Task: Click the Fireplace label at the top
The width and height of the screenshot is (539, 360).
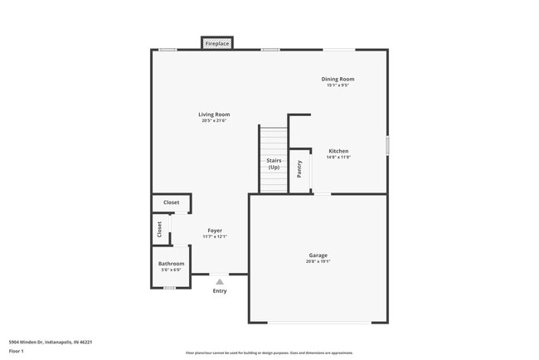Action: [217, 43]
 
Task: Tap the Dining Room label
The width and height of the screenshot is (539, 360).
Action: [337, 79]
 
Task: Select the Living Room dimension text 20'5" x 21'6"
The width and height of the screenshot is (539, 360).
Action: [214, 121]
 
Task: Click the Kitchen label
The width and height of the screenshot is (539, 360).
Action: [338, 151]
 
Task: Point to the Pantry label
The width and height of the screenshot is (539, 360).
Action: [299, 169]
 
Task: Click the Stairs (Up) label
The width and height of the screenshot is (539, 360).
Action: [273, 163]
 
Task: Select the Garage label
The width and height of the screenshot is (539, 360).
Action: [318, 255]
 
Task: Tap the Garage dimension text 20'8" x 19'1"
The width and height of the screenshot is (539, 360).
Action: [318, 261]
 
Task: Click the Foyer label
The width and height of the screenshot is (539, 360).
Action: [215, 230]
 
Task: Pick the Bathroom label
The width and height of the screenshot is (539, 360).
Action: [172, 264]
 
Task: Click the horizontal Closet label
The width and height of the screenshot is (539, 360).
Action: [171, 202]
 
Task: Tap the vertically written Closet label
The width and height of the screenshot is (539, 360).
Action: [159, 228]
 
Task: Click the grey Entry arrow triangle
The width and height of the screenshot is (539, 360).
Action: [220, 282]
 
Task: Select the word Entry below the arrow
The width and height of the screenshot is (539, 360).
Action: [220, 291]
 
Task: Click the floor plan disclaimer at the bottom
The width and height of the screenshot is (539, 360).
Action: [269, 353]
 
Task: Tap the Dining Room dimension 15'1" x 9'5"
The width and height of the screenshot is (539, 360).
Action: [337, 85]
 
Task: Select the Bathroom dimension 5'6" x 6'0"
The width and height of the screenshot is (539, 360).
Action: [172, 270]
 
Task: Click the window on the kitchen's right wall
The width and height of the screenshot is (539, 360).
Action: [387, 145]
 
